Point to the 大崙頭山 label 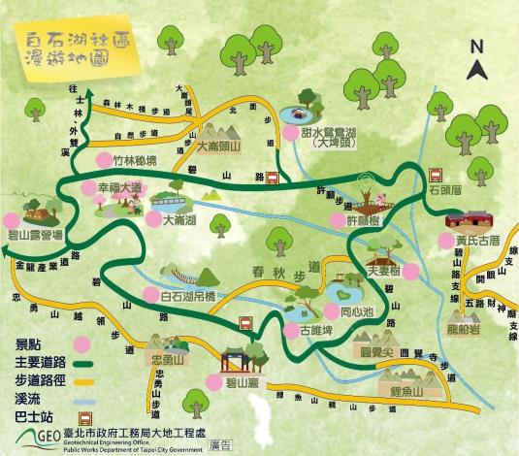click(x=223, y=148)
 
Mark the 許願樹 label click(x=366, y=221)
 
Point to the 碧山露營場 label click(x=35, y=235)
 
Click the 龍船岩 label click(x=477, y=331)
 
